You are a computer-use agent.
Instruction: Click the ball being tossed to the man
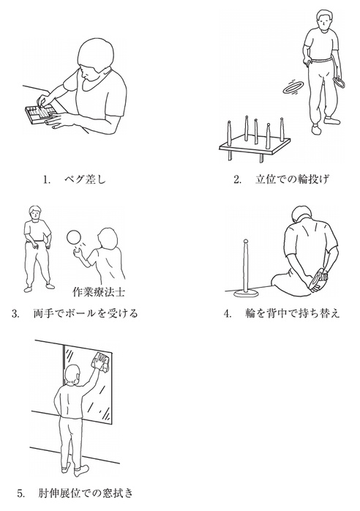(x=73, y=238)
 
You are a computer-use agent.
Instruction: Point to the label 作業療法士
(x=98, y=291)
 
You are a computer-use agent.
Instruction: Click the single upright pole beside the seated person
(x=247, y=268)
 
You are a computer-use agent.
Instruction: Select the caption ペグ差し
(x=85, y=179)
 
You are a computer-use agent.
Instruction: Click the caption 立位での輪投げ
(x=291, y=179)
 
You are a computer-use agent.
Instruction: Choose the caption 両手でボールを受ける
(x=86, y=313)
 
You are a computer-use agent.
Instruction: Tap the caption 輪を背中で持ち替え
(x=292, y=313)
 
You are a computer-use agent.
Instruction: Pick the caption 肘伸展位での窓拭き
(x=86, y=493)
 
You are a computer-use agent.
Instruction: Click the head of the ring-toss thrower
(x=323, y=20)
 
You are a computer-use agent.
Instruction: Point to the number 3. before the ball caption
(x=15, y=314)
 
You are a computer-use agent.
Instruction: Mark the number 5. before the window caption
(x=21, y=493)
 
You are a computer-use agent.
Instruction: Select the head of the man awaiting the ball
(x=35, y=213)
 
